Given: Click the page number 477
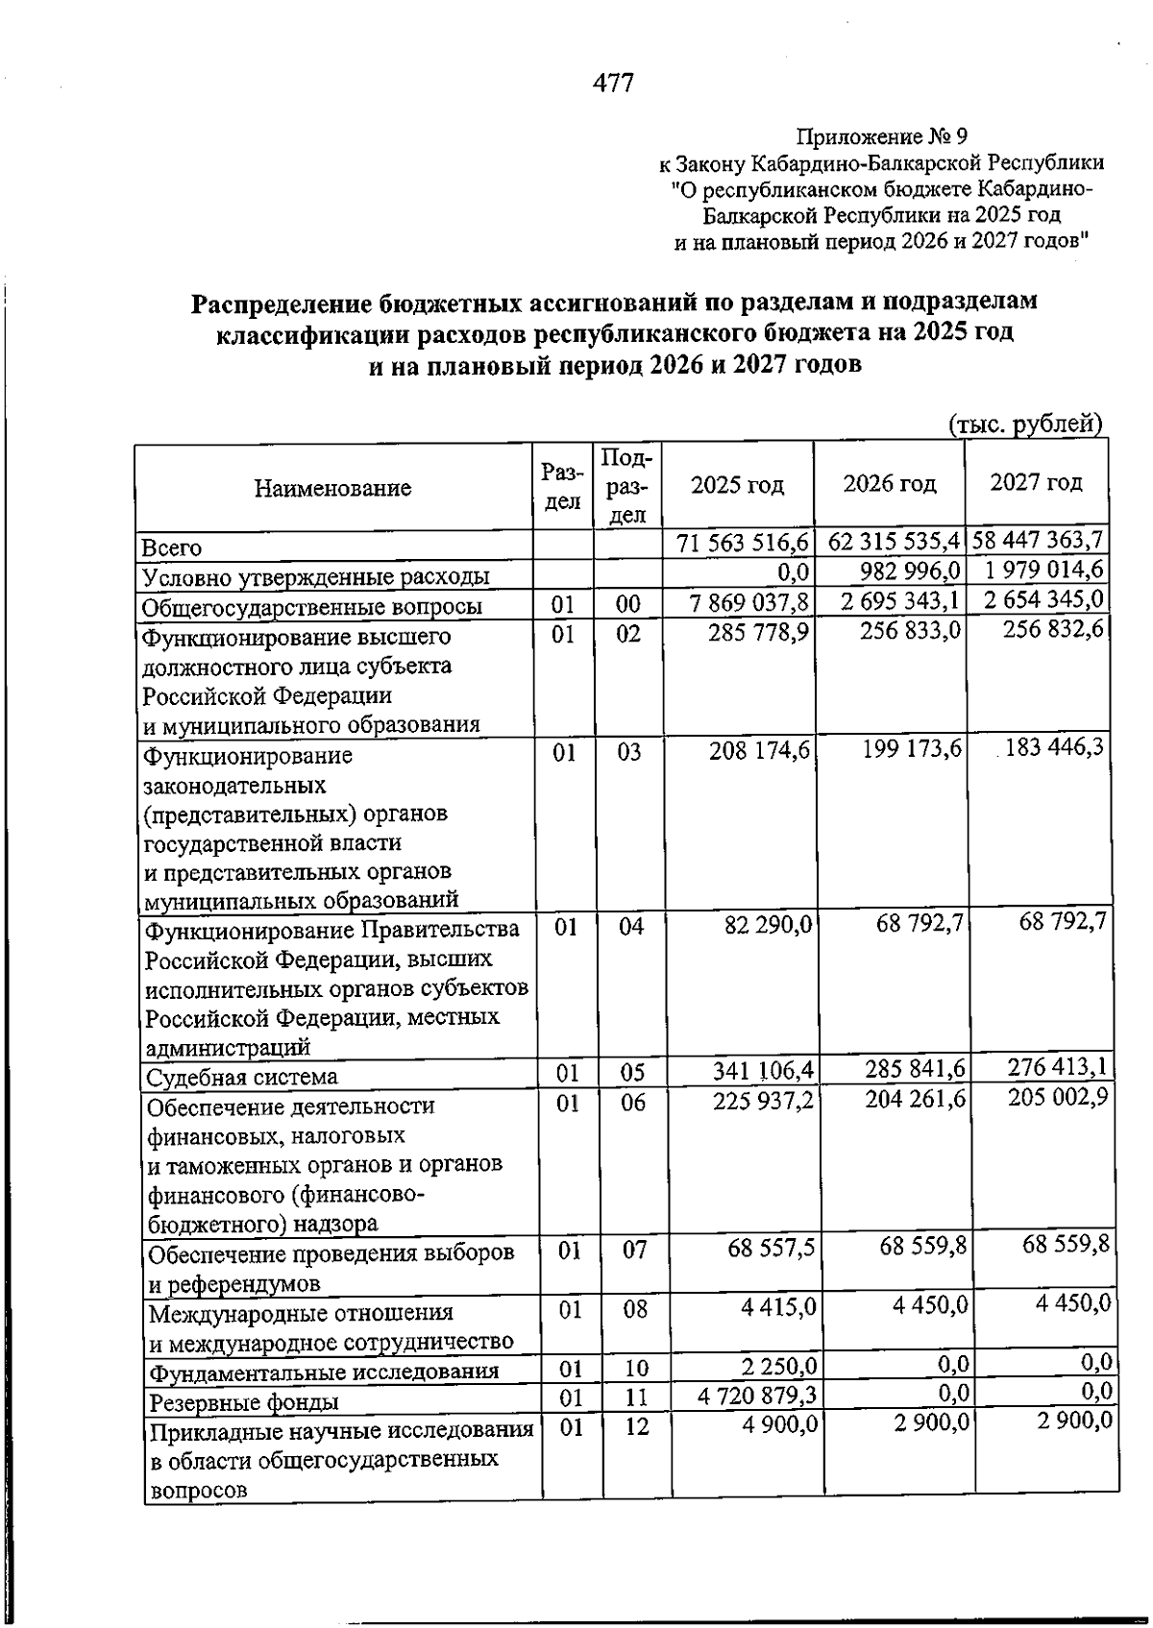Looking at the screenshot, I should coord(613,84).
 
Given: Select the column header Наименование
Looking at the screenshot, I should coord(332,488).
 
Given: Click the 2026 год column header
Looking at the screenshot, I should coord(889,483).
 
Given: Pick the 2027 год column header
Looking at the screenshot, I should coord(1036,482).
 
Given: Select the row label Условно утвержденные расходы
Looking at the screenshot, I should coord(316,576).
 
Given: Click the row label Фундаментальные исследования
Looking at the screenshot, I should coord(324,1371).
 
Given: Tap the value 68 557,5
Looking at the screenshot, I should coord(772,1247).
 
